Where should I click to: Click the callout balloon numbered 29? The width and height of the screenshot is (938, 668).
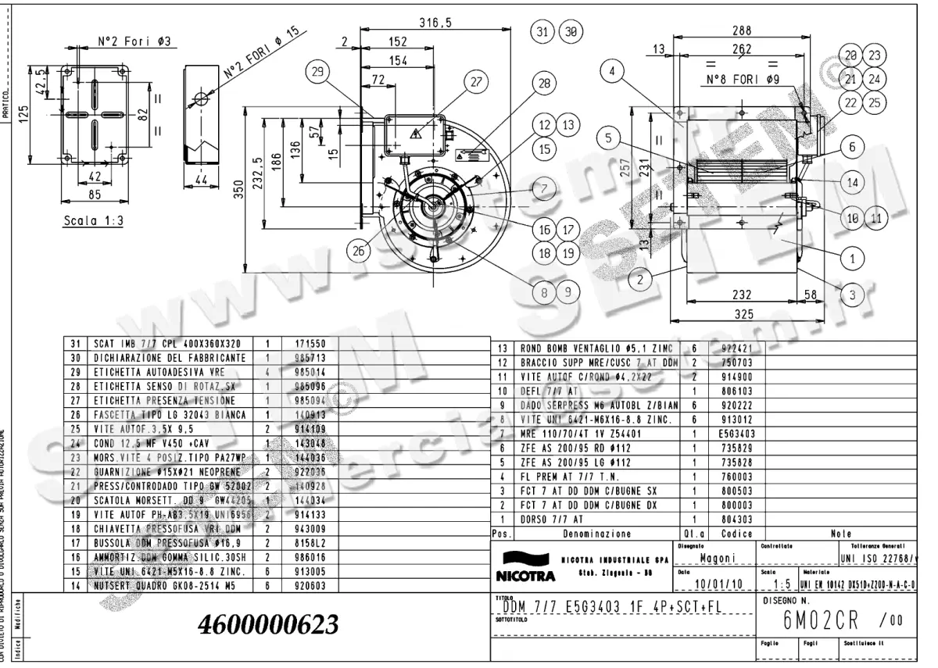[317, 72]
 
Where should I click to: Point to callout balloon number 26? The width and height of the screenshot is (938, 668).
[359, 251]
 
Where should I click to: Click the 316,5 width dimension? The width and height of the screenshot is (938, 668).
[435, 23]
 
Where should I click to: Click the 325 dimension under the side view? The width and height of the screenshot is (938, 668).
[743, 314]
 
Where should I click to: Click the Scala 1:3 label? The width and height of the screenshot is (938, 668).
[93, 221]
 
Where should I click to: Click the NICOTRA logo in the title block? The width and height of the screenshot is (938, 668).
[524, 569]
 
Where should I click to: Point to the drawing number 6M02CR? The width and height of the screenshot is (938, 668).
[821, 621]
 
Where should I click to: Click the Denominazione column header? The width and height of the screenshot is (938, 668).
[598, 534]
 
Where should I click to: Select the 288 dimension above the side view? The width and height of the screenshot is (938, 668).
[742, 30]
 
